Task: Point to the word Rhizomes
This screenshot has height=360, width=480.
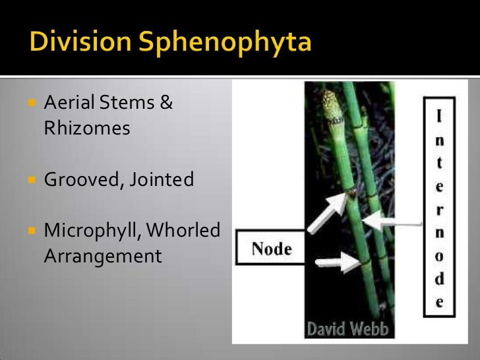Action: tap(87, 128)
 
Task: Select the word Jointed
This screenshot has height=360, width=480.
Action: tap(162, 179)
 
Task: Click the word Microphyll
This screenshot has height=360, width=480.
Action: tap(90, 231)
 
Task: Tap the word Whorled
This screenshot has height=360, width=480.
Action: tap(184, 231)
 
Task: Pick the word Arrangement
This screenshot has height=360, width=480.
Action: tap(102, 256)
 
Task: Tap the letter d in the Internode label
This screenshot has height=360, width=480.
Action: tap(439, 278)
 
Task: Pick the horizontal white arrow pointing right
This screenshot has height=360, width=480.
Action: tap(336, 263)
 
